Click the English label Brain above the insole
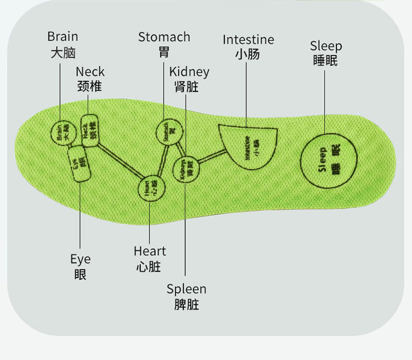point(63,37)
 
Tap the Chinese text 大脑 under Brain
point(63,52)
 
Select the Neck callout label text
point(90,71)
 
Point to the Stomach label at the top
point(164,37)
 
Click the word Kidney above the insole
point(189,71)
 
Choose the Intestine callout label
point(248,40)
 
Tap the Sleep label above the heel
point(326,46)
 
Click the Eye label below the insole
point(80,259)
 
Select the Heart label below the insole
point(149,251)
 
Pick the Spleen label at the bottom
point(186,289)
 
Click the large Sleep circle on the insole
point(329,160)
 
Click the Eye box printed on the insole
point(79,165)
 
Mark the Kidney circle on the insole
point(187,170)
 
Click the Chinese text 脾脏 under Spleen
point(186,304)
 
